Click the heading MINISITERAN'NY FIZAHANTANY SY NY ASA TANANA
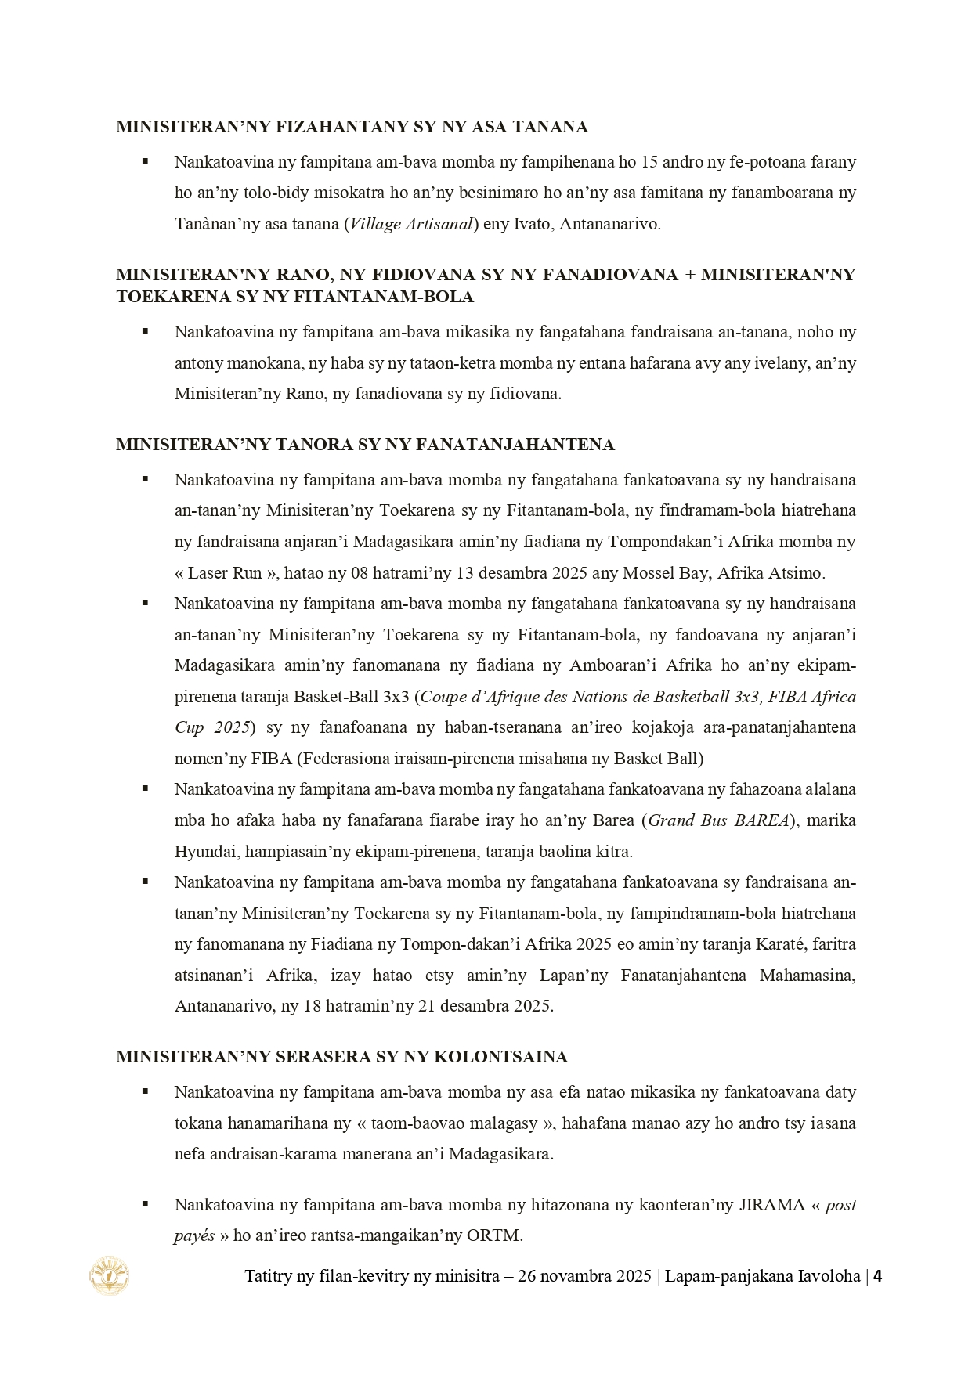tap(352, 127)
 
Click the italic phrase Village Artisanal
tap(411, 224)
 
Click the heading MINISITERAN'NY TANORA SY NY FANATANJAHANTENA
tap(365, 445)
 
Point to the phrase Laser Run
tap(225, 572)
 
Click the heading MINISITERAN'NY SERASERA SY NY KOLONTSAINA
tap(341, 1057)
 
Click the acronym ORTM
tap(494, 1236)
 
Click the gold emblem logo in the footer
tap(110, 1275)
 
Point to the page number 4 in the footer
tap(878, 1276)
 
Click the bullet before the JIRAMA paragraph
tap(145, 1204)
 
